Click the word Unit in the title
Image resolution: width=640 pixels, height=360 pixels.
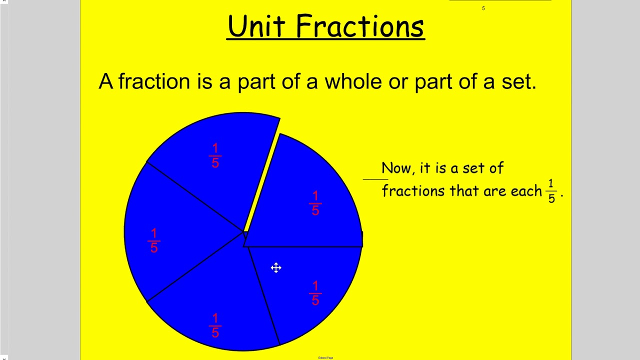point(256,26)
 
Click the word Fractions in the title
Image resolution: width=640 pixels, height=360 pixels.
point(360,26)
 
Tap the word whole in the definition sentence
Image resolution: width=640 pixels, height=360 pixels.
point(353,81)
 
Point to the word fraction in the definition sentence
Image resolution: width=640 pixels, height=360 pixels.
point(154,81)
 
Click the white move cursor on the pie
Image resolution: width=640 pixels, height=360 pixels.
point(276,267)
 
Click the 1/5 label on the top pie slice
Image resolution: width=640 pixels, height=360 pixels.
point(215,155)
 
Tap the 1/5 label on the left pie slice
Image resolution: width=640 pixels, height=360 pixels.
point(154,240)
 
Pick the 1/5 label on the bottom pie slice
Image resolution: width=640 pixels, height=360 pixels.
point(215,325)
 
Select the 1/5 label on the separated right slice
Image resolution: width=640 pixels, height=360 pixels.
point(315,203)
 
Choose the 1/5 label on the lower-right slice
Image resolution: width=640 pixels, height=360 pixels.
point(315,293)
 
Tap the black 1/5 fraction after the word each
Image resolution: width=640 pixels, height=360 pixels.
point(551,191)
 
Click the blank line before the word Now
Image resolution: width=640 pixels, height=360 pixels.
point(375,179)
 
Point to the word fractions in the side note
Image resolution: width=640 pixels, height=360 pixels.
point(413,191)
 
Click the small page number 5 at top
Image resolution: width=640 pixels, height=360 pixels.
point(483,8)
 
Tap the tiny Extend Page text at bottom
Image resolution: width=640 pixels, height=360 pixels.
point(325,357)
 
